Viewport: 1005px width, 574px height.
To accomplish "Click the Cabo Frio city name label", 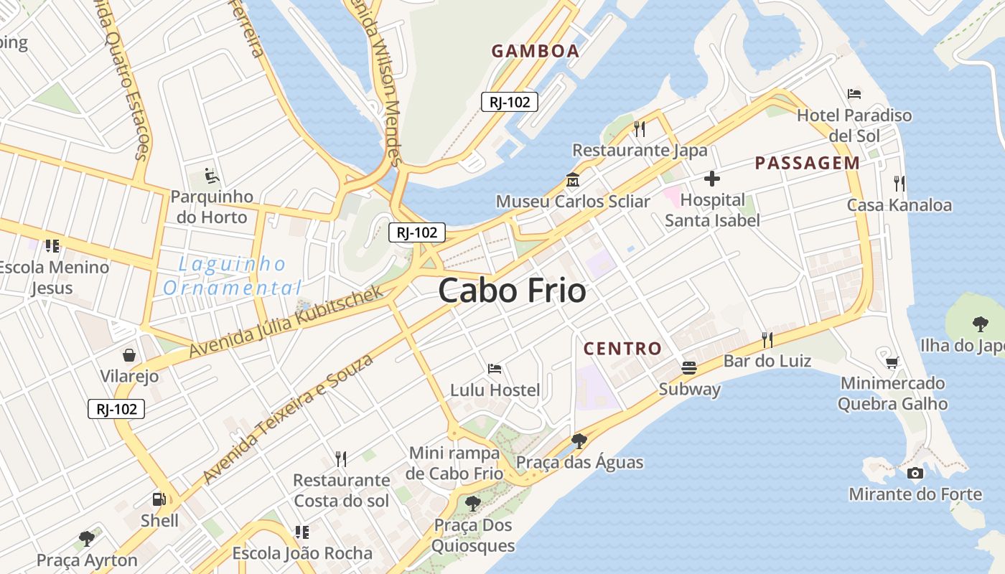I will pos(512,291).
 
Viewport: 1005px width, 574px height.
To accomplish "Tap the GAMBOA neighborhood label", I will pos(535,51).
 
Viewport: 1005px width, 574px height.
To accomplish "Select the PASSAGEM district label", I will pos(807,163).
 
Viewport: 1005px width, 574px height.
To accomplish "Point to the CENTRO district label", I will pos(622,349).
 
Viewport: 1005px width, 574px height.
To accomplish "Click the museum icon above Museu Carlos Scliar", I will pos(573,179).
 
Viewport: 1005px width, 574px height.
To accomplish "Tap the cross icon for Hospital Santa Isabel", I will pos(711,178).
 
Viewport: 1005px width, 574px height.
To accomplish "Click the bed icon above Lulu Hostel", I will pos(495,369).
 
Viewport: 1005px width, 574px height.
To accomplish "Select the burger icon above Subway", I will pos(689,367).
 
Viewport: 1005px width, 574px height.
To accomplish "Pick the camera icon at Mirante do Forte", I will pos(915,473).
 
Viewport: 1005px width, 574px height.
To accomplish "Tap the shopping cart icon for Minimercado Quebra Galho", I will pos(892,362).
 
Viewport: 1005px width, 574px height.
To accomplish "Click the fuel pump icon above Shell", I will pos(159,499).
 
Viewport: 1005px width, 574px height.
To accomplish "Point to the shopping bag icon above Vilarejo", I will pos(129,355).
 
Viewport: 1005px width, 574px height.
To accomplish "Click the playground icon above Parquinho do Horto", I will pos(211,175).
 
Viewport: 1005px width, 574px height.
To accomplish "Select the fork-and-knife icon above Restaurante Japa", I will pos(640,129).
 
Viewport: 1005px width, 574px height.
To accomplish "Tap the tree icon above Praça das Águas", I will pos(579,441).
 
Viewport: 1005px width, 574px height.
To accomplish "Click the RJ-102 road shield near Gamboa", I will pos(510,102).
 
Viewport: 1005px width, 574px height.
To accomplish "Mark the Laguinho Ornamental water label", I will pos(232,276).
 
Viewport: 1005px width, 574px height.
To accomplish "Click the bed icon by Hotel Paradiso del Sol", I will pos(854,93).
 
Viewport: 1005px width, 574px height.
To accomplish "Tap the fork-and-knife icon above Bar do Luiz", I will pos(767,339).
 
